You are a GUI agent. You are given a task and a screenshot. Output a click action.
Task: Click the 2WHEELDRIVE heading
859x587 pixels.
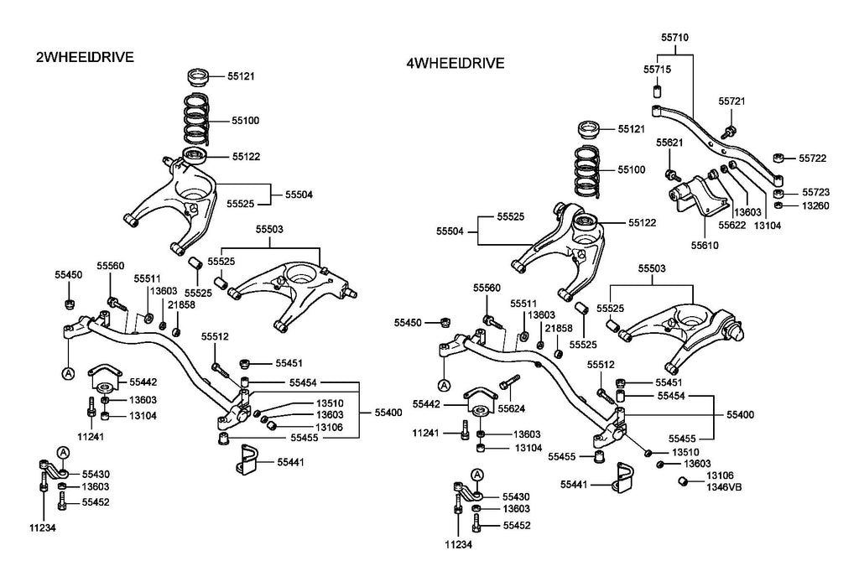click(x=85, y=57)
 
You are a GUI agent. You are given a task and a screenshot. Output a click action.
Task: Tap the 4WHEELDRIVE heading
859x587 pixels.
click(x=455, y=63)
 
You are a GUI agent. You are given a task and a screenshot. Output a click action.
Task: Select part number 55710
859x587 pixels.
click(x=674, y=38)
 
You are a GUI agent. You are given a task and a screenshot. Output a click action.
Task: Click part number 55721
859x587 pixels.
click(x=731, y=101)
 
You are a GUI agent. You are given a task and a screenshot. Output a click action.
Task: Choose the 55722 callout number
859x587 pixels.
click(x=812, y=158)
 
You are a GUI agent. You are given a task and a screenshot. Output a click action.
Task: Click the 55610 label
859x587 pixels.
click(x=705, y=247)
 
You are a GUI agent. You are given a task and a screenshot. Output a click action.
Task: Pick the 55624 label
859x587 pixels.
click(x=511, y=409)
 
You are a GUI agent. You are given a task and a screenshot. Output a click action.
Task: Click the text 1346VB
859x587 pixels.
click(x=724, y=487)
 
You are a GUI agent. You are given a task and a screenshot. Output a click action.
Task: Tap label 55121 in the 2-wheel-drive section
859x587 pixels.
click(x=241, y=76)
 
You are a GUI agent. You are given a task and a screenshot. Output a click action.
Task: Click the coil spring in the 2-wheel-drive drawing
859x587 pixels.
click(x=198, y=120)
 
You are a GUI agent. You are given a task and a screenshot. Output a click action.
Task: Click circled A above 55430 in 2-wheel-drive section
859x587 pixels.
click(x=62, y=453)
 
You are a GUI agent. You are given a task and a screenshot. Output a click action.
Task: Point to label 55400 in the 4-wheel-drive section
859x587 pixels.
click(x=740, y=414)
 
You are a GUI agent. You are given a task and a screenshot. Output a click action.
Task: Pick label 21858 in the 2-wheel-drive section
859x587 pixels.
click(x=183, y=304)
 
